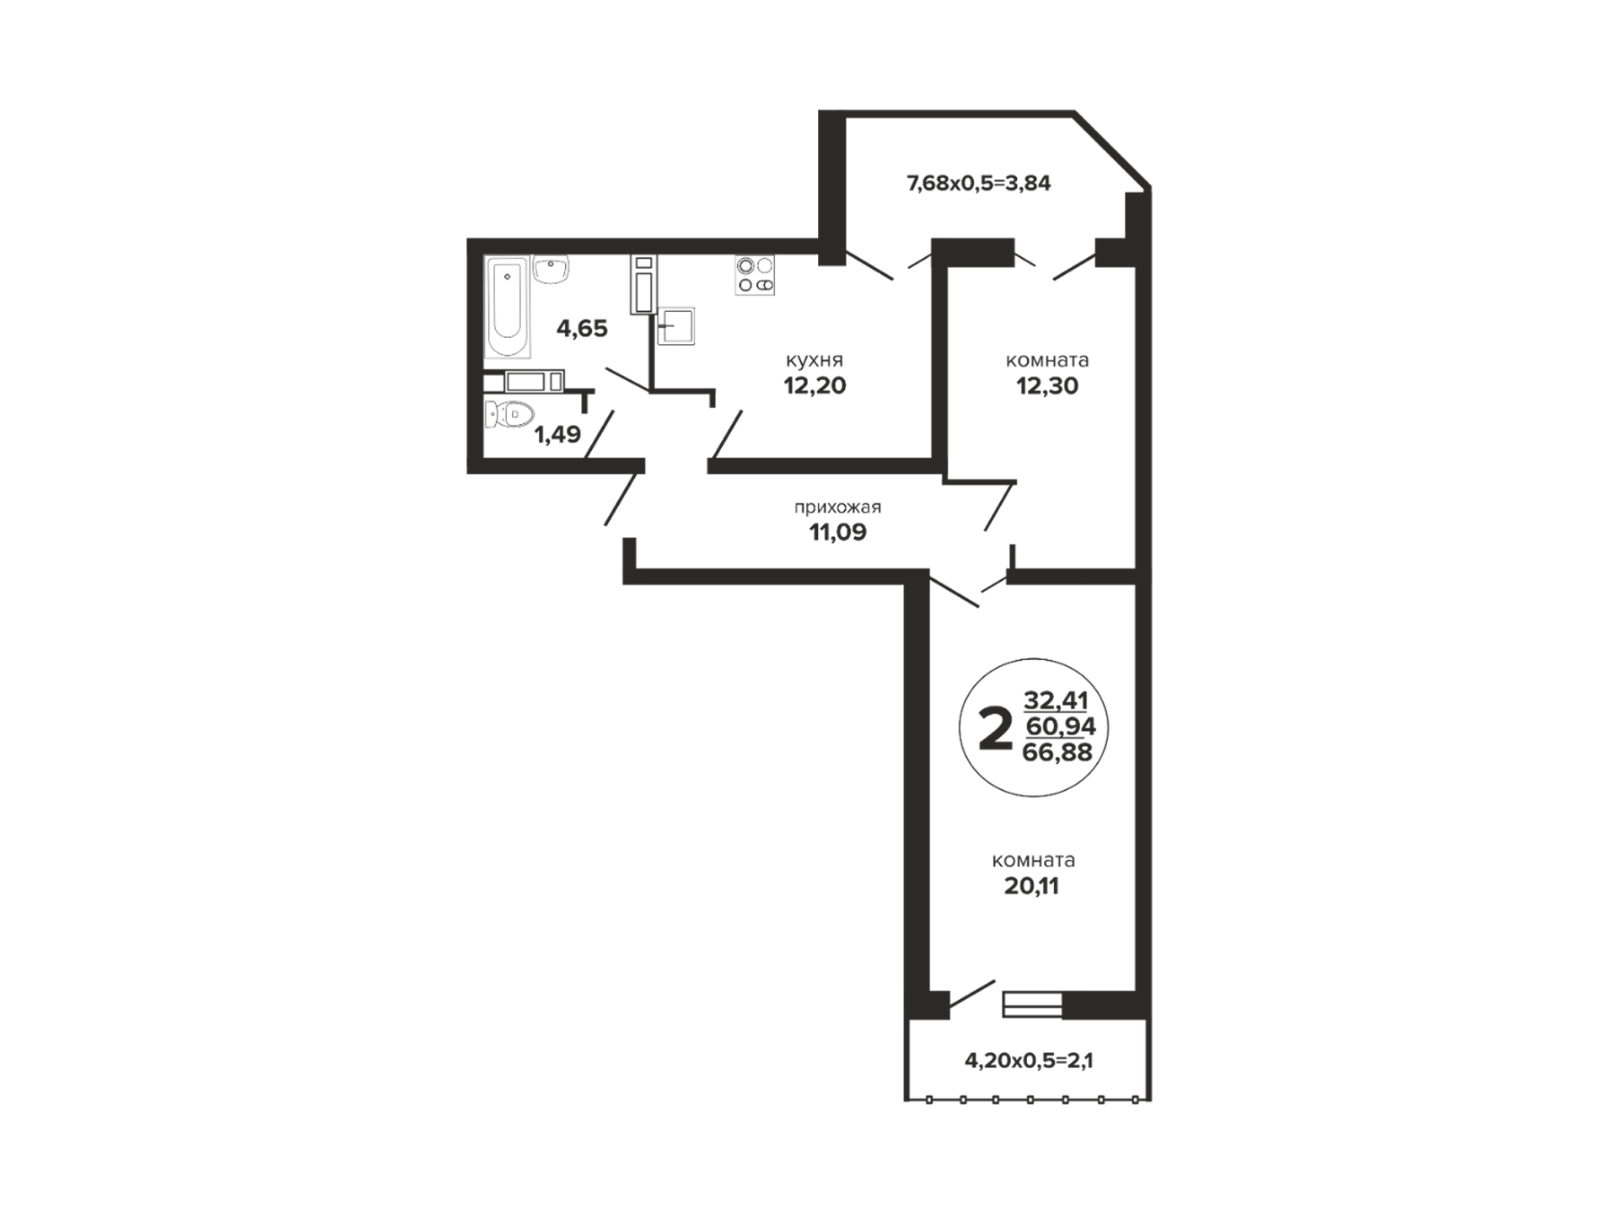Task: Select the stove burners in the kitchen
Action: (x=755, y=275)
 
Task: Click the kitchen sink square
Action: (x=675, y=326)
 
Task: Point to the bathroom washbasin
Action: (x=551, y=269)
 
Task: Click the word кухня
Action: (x=815, y=360)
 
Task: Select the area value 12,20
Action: (x=815, y=385)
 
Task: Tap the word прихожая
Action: (x=837, y=508)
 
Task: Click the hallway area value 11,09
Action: (x=837, y=532)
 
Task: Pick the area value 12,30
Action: (x=1046, y=385)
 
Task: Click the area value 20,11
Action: (x=1031, y=886)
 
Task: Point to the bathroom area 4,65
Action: (x=582, y=328)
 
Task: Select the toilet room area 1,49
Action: (x=557, y=434)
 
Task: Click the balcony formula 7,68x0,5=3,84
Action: (x=978, y=183)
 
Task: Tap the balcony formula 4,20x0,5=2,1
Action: (x=1029, y=1061)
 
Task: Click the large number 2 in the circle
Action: (x=995, y=729)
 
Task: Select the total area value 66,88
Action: (x=1057, y=752)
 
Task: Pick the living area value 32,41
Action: (x=1056, y=700)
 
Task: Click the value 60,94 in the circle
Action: (x=1060, y=726)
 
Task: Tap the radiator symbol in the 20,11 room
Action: (x=1032, y=1005)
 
